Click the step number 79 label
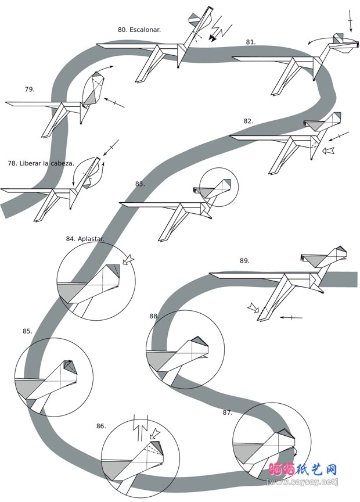(x=30, y=89)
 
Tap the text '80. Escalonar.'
(x=139, y=29)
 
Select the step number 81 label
(x=251, y=42)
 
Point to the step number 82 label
(x=249, y=121)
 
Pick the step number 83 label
(x=140, y=184)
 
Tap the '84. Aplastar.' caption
(x=84, y=239)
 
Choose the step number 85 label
(x=27, y=331)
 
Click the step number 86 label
(x=101, y=426)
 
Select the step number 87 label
(x=228, y=413)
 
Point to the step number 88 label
(x=154, y=316)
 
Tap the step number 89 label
(x=244, y=260)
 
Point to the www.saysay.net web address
(x=302, y=482)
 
